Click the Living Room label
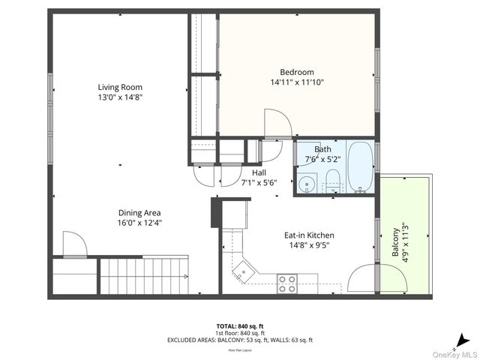pos(120,86)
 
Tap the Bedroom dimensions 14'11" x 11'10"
pos(298,82)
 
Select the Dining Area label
pos(139,212)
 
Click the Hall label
pos(259,172)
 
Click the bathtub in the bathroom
pos(360,166)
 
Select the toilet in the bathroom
pos(332,181)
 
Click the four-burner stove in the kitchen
pos(287,283)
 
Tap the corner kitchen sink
pos(244,270)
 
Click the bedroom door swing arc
pos(277,124)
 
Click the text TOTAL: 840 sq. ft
pos(239,326)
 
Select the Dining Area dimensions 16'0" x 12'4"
pos(139,222)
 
